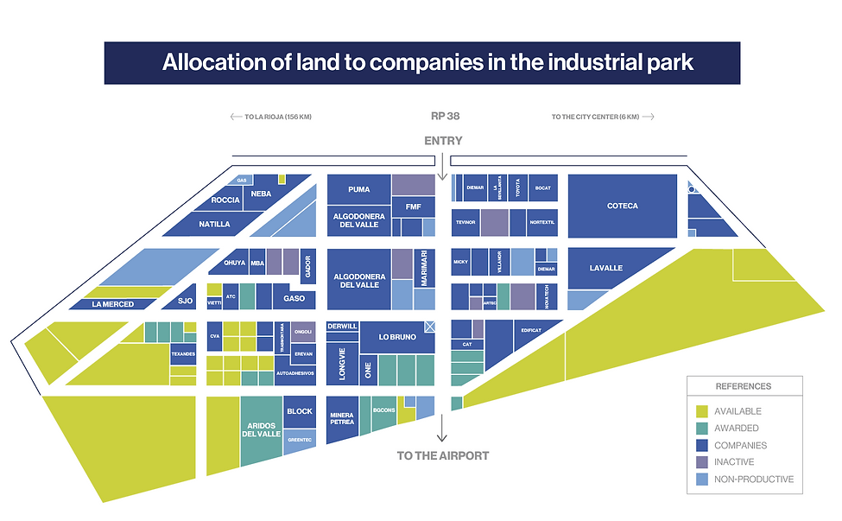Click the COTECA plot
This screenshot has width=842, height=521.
coord(622,206)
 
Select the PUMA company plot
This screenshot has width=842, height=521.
coord(358,189)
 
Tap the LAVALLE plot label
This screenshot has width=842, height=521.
coord(606,268)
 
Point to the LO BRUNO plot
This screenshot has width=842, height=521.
coord(396,337)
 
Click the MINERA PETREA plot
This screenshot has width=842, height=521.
coord(342,418)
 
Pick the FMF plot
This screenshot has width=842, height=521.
coord(413,206)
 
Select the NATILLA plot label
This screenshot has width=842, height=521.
coord(214,224)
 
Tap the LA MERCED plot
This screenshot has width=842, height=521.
coord(113,304)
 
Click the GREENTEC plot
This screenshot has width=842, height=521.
coord(299,439)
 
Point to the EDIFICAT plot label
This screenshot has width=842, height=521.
coord(530,330)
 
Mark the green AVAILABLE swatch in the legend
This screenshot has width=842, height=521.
coord(701,411)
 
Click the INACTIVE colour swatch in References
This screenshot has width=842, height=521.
coord(701,462)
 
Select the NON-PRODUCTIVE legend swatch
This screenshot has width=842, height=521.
coord(701,480)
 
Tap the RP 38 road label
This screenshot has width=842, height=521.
coord(443,116)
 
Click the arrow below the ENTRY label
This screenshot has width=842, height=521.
coord(442,164)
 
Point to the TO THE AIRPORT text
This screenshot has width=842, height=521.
coord(442,455)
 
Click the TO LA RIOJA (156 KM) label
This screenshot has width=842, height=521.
coord(270,117)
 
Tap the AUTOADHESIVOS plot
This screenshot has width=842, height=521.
coord(294,372)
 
